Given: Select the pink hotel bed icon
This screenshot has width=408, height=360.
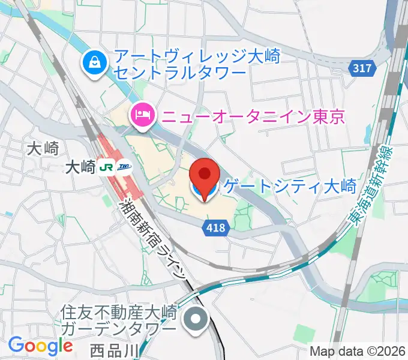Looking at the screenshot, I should [x=142, y=113].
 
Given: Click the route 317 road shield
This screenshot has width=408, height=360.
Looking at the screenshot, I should [x=362, y=68].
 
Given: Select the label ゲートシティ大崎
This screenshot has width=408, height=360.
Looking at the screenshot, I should [x=290, y=187].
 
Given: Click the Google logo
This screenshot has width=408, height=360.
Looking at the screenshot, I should [x=40, y=346].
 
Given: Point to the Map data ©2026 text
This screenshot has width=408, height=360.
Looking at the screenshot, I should [x=358, y=351].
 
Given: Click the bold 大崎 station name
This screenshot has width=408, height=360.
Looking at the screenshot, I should [x=80, y=168].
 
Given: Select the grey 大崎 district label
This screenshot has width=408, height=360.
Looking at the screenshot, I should [x=43, y=148].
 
